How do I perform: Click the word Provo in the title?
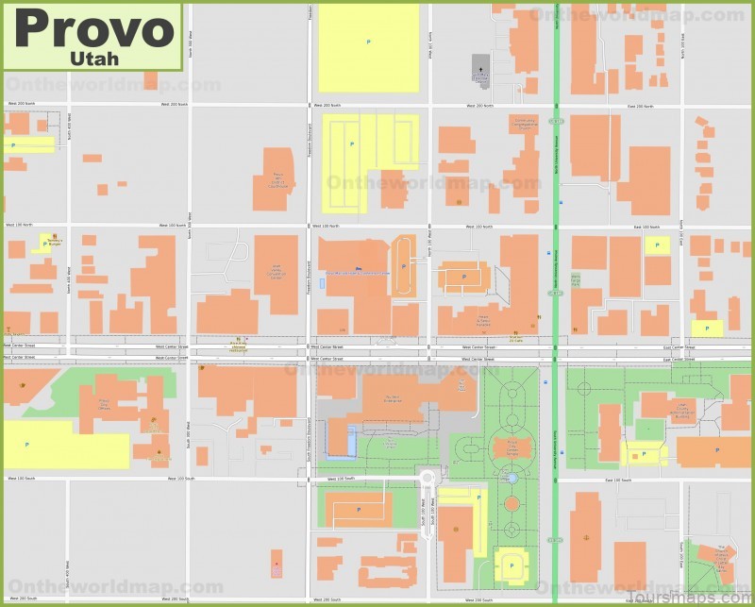pos(94,29)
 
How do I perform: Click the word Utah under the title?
pos(94,59)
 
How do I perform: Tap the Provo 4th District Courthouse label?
pos(277,179)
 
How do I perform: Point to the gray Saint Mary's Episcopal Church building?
pos(480,68)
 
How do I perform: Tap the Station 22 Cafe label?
pos(515,337)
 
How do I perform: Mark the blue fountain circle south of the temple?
pos(512,480)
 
